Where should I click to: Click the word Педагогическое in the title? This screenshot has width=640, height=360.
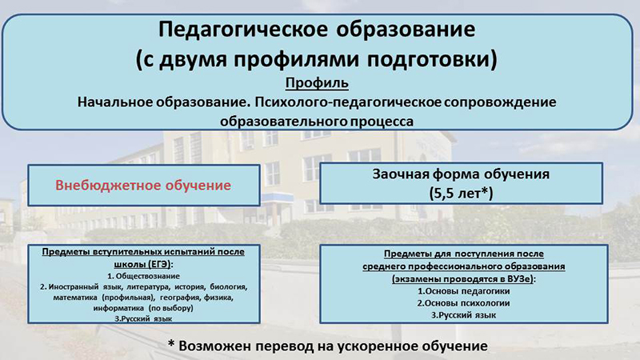pyautogui.click(x=243, y=30)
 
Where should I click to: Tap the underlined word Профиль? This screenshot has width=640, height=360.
pyautogui.click(x=317, y=83)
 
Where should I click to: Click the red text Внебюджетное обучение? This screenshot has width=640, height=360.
pyautogui.click(x=143, y=186)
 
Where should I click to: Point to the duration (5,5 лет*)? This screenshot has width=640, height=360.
pyautogui.click(x=462, y=193)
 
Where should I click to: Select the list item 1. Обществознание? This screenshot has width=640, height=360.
pyautogui.click(x=143, y=276)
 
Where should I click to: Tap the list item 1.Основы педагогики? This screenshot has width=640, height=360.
pyautogui.click(x=464, y=291)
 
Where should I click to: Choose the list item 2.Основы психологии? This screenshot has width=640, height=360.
pyautogui.click(x=464, y=303)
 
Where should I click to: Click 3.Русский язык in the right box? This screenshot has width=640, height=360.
pyautogui.click(x=464, y=315)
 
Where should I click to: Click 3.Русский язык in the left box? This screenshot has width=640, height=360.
pyautogui.click(x=143, y=318)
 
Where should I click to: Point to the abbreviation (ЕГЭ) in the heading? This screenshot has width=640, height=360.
pyautogui.click(x=156, y=264)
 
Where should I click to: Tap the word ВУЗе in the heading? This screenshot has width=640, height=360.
pyautogui.click(x=521, y=279)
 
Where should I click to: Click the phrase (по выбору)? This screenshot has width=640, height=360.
pyautogui.click(x=170, y=308)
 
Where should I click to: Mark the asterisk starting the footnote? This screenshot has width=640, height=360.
pyautogui.click(x=171, y=344)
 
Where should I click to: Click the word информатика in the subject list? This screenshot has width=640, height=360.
pyautogui.click(x=118, y=308)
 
